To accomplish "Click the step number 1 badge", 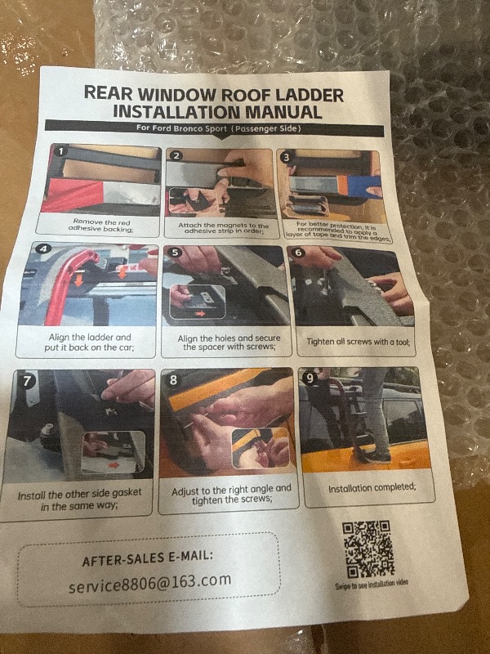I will (x=60, y=152).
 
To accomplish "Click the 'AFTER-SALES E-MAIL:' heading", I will (x=148, y=559).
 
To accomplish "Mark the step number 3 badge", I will (x=285, y=155).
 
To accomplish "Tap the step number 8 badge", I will (x=173, y=380).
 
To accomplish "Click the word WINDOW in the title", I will (x=199, y=92).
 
